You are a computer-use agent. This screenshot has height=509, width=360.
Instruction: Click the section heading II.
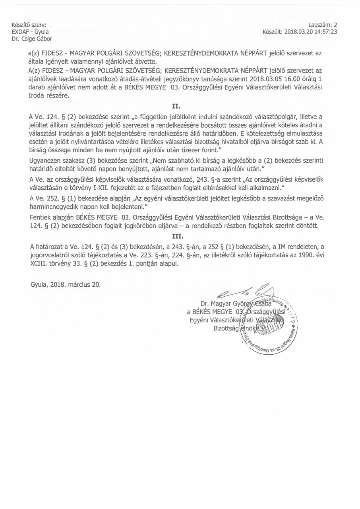click(x=176, y=107)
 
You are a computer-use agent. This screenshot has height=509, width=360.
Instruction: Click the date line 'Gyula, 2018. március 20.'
click(x=66, y=285)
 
